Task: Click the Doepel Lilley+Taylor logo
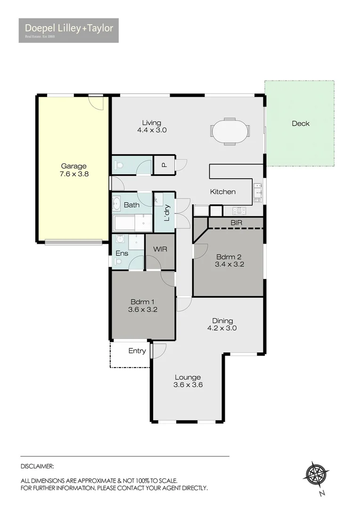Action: (68, 30)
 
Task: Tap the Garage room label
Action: (74, 166)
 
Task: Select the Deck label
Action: (300, 123)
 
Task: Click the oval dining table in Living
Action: (229, 131)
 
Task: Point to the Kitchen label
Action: (222, 192)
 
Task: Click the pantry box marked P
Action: (164, 165)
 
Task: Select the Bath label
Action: (131, 205)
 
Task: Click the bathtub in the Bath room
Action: (124, 223)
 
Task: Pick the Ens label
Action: (122, 253)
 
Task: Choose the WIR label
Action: (160, 249)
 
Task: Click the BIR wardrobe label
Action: (236, 222)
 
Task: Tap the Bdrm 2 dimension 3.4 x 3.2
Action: (229, 264)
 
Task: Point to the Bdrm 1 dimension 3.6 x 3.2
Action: (142, 310)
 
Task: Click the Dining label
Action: (222, 321)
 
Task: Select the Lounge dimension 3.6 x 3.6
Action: (188, 385)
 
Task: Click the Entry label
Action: (137, 351)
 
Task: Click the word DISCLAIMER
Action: (37, 466)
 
